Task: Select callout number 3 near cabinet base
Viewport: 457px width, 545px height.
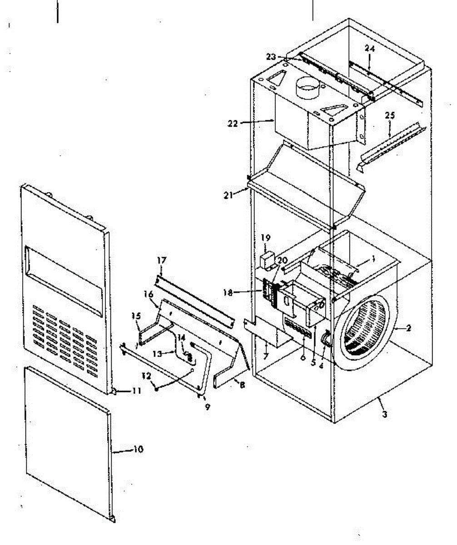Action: click(x=385, y=414)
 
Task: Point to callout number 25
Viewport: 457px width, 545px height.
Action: click(x=389, y=116)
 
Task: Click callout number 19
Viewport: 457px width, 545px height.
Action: click(x=266, y=237)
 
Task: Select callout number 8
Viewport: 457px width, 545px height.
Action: click(x=242, y=384)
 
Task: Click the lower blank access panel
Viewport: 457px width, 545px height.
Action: click(x=68, y=445)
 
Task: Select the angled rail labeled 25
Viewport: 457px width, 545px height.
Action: click(x=391, y=143)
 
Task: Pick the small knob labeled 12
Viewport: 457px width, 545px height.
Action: click(x=157, y=389)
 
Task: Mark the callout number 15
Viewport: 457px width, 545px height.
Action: click(x=136, y=315)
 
